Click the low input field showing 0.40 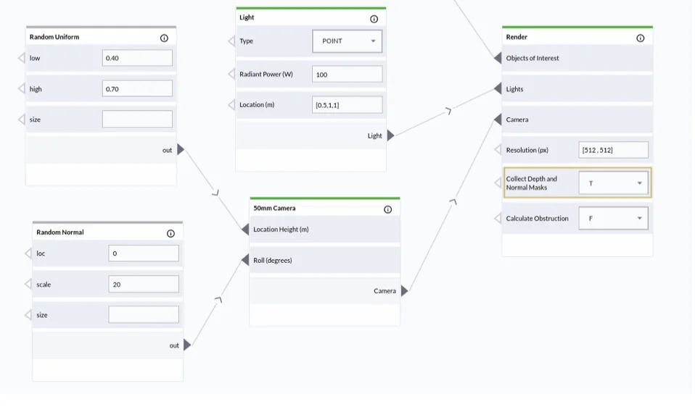pos(137,58)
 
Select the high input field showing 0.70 pos(137,88)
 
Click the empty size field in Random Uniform pos(137,119)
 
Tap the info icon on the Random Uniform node pos(164,38)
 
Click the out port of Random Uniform pos(181,149)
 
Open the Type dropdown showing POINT pos(347,41)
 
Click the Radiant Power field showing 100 pos(347,75)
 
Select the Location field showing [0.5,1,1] pos(347,105)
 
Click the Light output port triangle pos(390,135)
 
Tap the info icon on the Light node pos(374,19)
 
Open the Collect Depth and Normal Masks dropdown pos(614,182)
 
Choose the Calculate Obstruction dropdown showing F pos(614,218)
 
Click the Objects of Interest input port pos(498,58)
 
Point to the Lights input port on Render pos(498,88)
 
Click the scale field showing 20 pos(144,284)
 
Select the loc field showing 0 pos(144,253)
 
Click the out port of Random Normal pos(187,345)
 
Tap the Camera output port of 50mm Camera pos(404,290)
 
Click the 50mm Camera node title pos(274,208)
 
